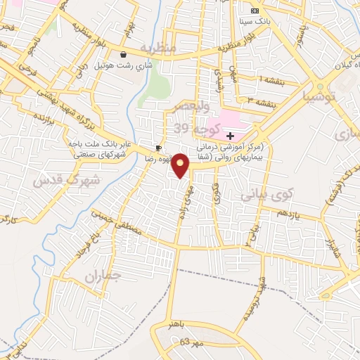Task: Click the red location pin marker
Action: [181, 165]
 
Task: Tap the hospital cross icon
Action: [230, 134]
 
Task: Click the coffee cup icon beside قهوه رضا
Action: [159, 148]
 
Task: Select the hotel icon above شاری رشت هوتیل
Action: [124, 54]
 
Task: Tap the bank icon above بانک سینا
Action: [254, 11]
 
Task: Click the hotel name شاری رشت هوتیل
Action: [124, 65]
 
